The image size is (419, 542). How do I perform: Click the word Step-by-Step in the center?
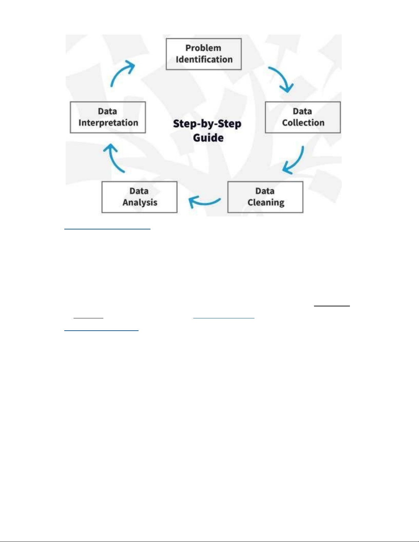pyautogui.click(x=207, y=124)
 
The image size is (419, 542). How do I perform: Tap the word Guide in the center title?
pyautogui.click(x=208, y=138)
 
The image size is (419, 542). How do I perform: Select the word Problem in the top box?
pyautogui.click(x=203, y=48)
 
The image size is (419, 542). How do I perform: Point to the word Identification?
pyautogui.click(x=204, y=60)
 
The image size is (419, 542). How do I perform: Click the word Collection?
pyautogui.click(x=303, y=123)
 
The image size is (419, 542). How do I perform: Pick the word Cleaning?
pyautogui.click(x=266, y=202)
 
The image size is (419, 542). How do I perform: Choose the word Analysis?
pyautogui.click(x=140, y=202)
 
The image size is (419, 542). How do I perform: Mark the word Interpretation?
pyautogui.click(x=108, y=123)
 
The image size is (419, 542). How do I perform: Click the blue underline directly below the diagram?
pyautogui.click(x=107, y=228)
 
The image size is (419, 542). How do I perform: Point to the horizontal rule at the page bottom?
pyautogui.click(x=209, y=542)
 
